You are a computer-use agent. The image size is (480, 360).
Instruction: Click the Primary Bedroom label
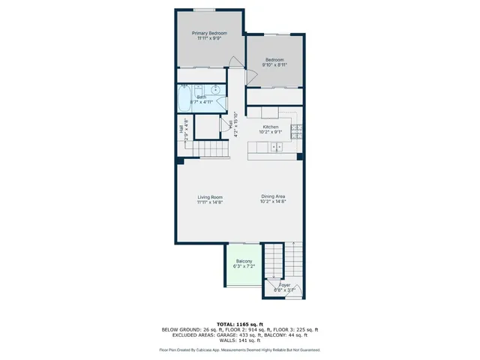point(209,33)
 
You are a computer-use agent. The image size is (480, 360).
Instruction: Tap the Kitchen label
point(271,127)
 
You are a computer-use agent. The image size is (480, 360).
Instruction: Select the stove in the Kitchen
point(296,132)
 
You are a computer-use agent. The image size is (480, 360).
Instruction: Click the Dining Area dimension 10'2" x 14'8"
point(273,202)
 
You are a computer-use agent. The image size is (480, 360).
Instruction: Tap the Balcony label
point(244,261)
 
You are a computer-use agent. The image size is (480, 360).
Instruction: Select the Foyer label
point(285,285)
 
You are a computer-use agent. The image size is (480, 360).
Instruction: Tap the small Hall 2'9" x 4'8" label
point(183,129)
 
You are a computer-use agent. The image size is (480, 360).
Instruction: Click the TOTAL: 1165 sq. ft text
point(240,323)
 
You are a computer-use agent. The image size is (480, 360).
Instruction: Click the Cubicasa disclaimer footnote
point(240,349)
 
